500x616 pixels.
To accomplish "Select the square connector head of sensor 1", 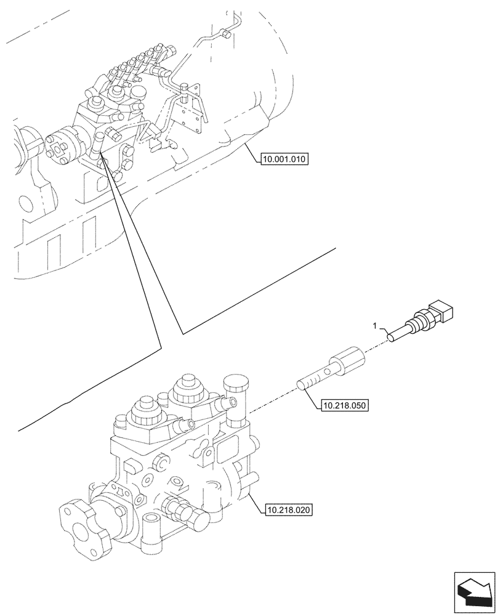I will click(x=443, y=311).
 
